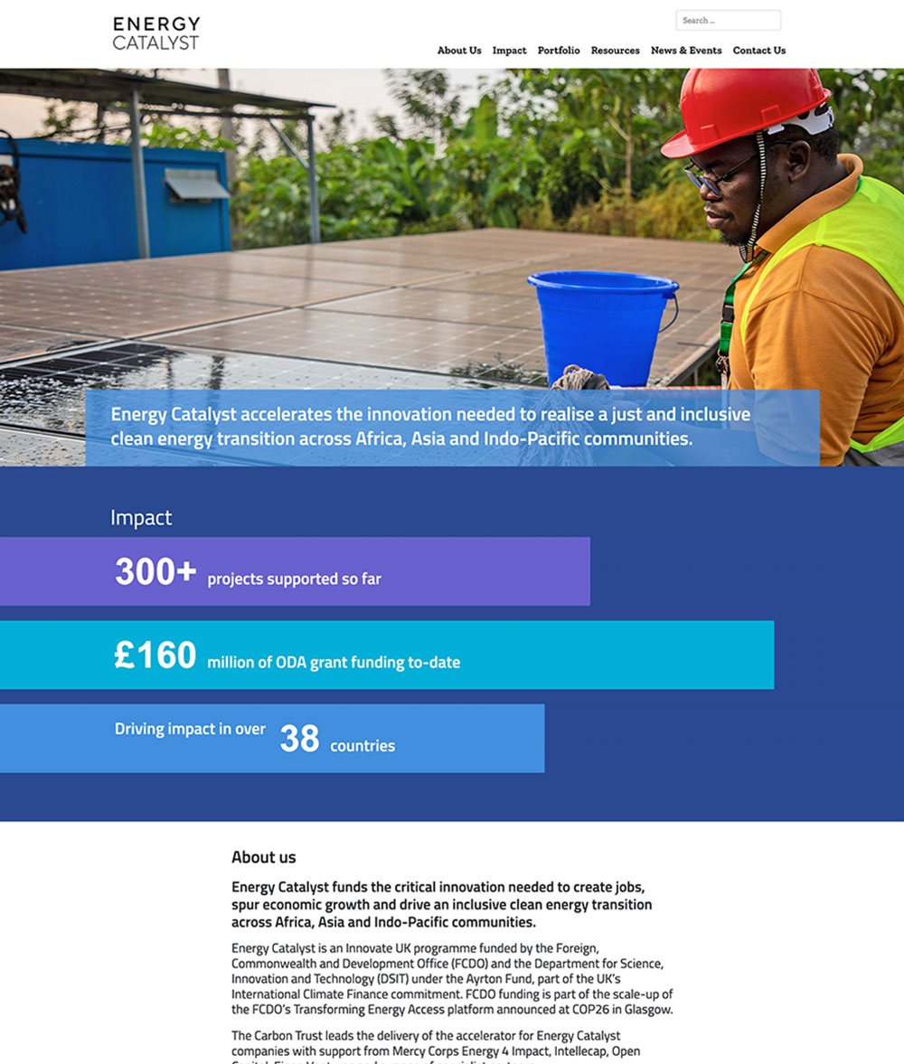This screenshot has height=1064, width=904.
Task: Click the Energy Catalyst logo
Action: (156, 33)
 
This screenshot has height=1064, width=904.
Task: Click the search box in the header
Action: (728, 20)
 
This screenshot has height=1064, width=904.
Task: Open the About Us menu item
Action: (459, 51)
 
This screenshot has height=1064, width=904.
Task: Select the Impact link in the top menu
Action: (509, 51)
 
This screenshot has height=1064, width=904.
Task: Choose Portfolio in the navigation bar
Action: (559, 51)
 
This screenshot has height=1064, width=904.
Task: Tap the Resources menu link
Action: (615, 51)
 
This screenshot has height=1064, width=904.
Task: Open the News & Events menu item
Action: (686, 51)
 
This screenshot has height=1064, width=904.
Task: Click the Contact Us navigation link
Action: (758, 51)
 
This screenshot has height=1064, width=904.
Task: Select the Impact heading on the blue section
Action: (141, 518)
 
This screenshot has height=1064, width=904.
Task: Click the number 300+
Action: (155, 572)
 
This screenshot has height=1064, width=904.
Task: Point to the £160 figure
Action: (155, 655)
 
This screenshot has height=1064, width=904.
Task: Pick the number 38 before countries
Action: (299, 739)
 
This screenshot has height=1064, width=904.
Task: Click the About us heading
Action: (263, 857)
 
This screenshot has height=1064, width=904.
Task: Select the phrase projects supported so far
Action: (294, 579)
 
